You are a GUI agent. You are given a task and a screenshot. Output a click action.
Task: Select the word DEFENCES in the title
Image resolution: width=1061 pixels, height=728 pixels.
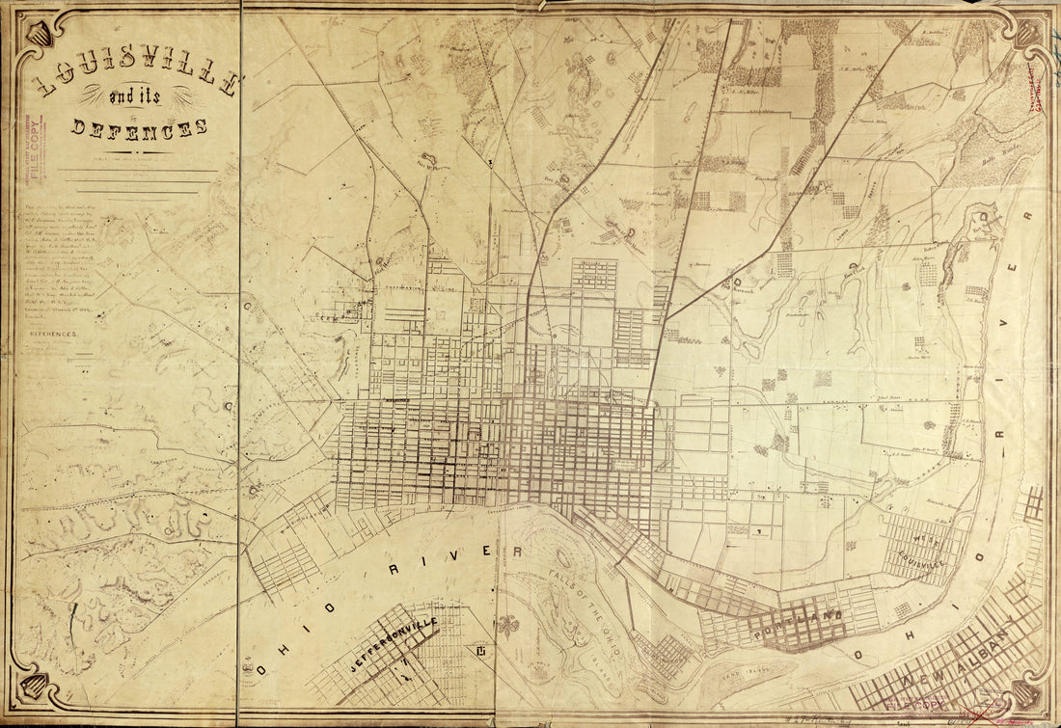pyautogui.click(x=141, y=127)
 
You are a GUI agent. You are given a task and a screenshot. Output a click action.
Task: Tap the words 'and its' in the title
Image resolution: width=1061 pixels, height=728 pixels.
pyautogui.click(x=144, y=98)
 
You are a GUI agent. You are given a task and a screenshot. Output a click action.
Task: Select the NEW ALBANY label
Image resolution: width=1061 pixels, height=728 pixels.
pyautogui.click(x=955, y=665)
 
